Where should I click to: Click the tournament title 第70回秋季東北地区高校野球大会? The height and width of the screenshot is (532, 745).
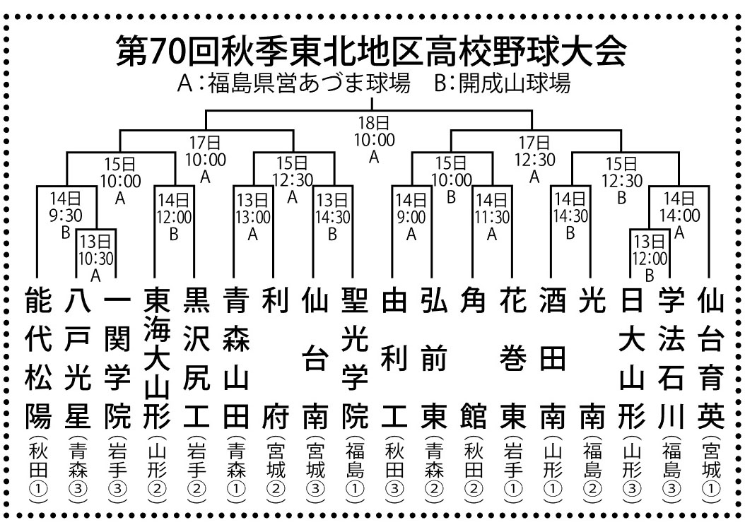click(372, 50)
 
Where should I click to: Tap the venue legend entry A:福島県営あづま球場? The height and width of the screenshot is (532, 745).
click(293, 83)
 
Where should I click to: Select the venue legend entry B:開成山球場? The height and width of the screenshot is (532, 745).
click(503, 83)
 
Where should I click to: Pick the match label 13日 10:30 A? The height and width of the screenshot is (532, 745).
click(96, 259)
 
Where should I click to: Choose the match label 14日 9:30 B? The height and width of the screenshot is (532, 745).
click(66, 215)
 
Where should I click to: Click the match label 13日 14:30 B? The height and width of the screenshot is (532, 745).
click(333, 217)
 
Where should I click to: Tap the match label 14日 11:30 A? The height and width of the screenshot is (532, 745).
click(492, 217)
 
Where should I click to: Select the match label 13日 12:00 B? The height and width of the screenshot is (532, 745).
click(650, 259)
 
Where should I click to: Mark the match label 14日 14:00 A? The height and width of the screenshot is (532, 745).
click(679, 215)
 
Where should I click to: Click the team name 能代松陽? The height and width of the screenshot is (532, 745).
click(38, 359)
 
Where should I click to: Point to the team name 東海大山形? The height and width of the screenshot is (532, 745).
click(157, 359)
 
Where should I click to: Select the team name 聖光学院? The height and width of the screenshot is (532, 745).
click(355, 359)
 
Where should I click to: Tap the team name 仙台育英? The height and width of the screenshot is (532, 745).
click(711, 359)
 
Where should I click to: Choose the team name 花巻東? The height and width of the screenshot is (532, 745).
click(513, 359)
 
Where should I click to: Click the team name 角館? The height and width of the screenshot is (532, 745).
click(474, 359)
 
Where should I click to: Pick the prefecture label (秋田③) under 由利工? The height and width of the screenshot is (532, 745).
click(394, 471)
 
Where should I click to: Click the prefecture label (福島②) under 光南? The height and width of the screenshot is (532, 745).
click(592, 471)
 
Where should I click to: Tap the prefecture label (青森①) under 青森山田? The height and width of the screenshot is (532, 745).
click(236, 471)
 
